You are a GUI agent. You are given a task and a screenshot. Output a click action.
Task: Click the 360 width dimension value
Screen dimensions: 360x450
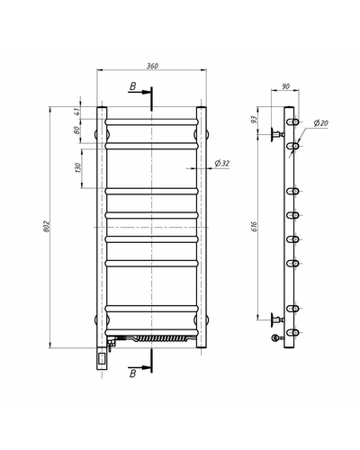[152, 66]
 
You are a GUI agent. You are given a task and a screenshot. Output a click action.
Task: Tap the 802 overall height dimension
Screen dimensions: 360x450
[46, 226]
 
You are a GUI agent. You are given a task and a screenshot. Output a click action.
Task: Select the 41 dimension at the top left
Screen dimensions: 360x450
[77, 112]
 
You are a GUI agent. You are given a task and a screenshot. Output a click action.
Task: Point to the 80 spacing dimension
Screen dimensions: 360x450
[77, 130]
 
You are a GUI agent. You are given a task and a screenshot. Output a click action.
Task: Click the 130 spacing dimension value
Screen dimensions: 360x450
[77, 167]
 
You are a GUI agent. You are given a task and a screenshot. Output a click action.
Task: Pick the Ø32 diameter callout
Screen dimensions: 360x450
[222, 163]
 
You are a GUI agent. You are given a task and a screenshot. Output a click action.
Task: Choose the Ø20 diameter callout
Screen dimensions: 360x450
[321, 122]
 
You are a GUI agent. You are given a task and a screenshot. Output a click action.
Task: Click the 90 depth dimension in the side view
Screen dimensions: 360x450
[286, 86]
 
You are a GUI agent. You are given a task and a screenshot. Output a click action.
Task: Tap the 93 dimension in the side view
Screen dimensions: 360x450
[254, 120]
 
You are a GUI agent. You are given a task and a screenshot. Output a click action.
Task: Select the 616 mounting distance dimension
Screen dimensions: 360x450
[254, 227]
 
